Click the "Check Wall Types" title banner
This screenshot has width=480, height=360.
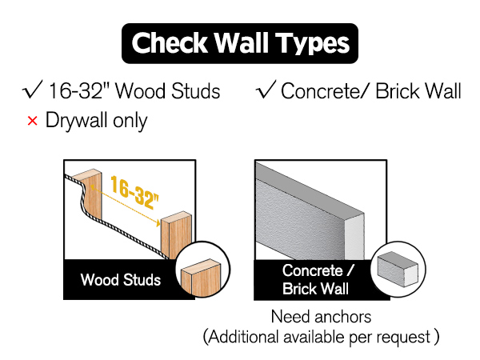[x=240, y=43]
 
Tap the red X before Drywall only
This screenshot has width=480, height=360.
[x=32, y=121]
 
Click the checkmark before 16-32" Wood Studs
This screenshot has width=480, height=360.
[x=33, y=89]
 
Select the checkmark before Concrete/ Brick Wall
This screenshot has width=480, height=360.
[x=266, y=89]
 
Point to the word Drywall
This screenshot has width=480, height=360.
[x=76, y=121]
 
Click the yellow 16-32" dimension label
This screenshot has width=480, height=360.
[x=134, y=192]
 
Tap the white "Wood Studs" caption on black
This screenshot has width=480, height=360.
[x=121, y=279]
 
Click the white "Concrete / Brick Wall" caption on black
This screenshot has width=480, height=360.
[x=317, y=279]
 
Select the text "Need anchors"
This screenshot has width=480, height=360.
[x=321, y=317]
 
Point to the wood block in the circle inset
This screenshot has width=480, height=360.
[x=201, y=278]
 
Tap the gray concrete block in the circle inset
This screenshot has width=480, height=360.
[x=398, y=270]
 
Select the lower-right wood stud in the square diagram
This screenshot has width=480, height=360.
[x=176, y=234]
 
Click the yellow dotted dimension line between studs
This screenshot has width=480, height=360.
[x=126, y=206]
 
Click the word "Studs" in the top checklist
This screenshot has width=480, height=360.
[x=196, y=91]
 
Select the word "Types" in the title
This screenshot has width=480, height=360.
[x=312, y=44]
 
